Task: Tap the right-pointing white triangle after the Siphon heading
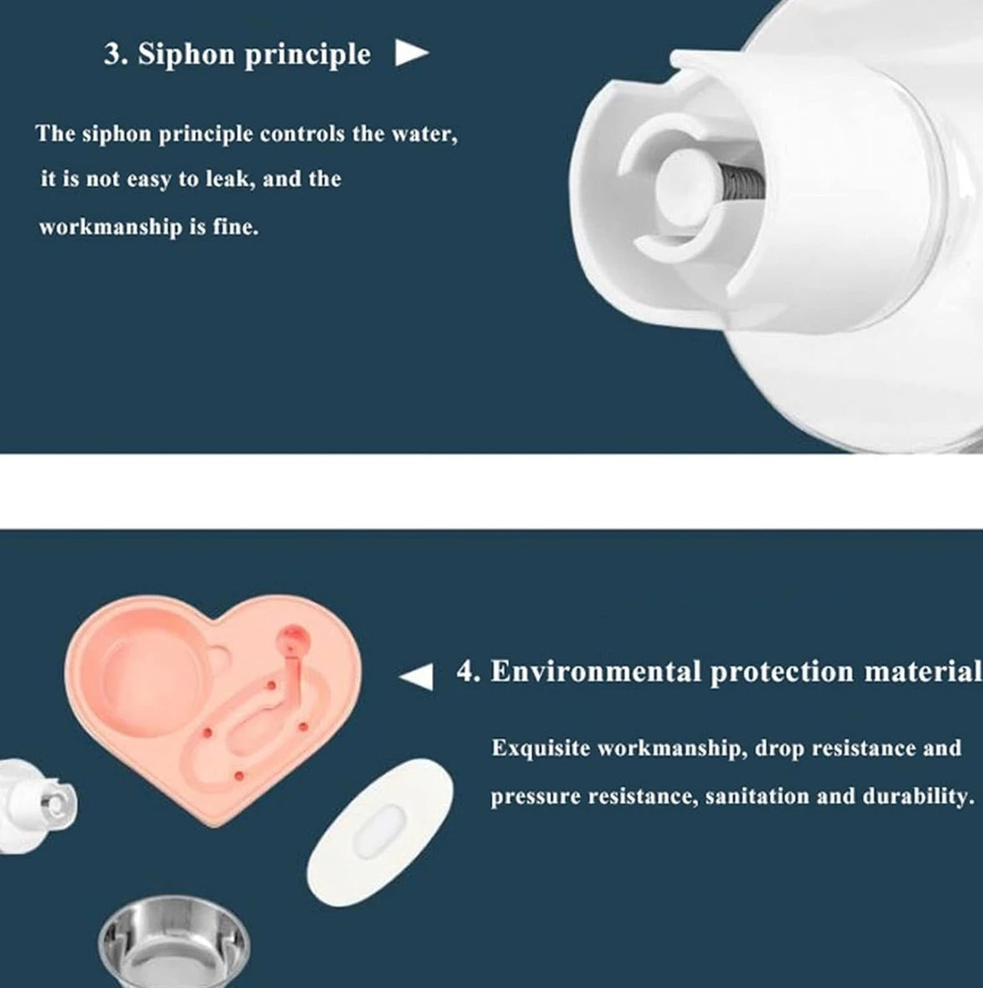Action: point(412,53)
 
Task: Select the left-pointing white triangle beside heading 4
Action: point(417,677)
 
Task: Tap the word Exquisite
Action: point(540,749)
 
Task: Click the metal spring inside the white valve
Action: point(741,181)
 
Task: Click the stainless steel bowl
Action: point(174,942)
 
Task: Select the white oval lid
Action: point(380,832)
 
